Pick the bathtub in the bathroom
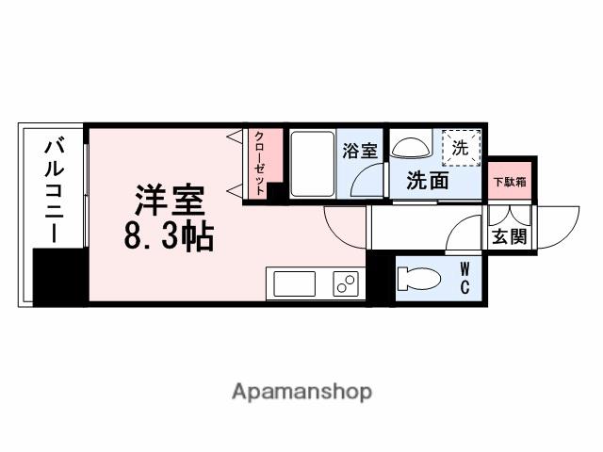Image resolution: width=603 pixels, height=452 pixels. click(312, 164)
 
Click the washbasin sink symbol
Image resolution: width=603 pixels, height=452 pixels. click(409, 148)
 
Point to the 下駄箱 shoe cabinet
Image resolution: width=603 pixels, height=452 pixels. click(510, 180)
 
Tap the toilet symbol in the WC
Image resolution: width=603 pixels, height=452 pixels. click(416, 278)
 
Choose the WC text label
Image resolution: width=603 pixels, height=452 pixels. click(466, 278)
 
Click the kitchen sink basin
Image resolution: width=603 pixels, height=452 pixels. click(295, 282)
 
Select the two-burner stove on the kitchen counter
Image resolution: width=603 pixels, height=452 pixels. click(345, 282)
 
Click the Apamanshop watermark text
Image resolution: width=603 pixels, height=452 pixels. click(301, 391)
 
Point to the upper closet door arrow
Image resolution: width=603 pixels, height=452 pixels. click(234, 137)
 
